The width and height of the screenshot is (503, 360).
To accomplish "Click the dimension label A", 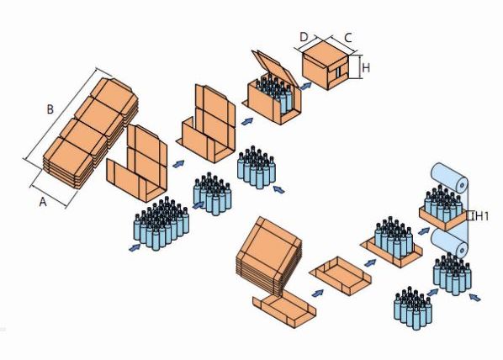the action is tap(43, 202).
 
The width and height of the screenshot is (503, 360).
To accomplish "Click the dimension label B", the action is tap(50, 109).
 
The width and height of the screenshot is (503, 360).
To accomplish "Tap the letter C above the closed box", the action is tap(348, 38).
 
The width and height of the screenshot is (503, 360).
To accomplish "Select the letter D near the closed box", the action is tap(304, 37).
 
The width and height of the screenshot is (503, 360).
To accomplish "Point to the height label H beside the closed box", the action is tap(366, 67).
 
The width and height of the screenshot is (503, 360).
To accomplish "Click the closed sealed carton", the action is tap(326, 66).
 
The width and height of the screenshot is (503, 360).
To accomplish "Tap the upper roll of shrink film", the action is tap(449, 178).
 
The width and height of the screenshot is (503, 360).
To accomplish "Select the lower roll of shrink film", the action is tap(449, 243).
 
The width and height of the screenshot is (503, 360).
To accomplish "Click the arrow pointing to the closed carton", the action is tap(305, 86).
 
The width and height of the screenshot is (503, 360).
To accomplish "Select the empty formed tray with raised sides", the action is tap(341, 276).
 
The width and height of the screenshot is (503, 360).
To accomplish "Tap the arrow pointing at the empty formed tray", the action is tap(318, 293).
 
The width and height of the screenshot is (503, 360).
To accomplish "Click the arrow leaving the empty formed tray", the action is tap(371, 262).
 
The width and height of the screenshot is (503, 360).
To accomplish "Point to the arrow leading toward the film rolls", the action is tap(424, 230).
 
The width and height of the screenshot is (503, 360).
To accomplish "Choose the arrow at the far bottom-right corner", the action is tap(475, 297).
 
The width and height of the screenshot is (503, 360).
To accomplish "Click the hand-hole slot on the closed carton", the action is tap(338, 73).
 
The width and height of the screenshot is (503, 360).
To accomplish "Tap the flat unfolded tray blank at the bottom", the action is tap(284, 309).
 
